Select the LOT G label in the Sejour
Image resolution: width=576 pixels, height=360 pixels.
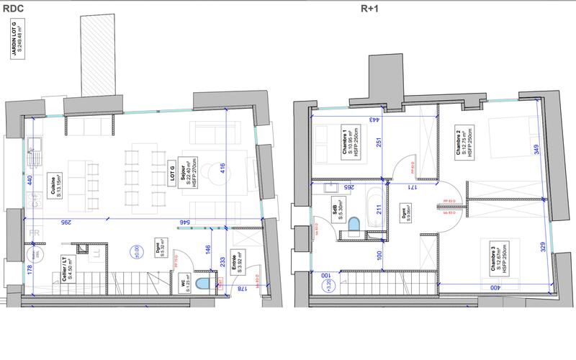point(172,173)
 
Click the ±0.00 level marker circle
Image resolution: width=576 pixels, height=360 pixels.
point(135,252)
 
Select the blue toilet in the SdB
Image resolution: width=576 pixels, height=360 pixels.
point(353,226)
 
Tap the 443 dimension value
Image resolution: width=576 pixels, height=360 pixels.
point(375,121)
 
